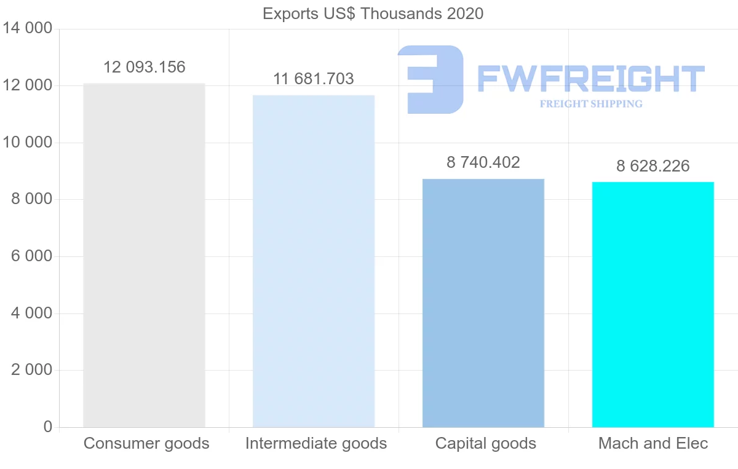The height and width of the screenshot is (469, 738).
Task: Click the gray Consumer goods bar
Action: coord(144,255)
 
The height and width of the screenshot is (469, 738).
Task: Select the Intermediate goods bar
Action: coord(314,261)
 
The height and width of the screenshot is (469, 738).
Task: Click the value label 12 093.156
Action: coord(144,68)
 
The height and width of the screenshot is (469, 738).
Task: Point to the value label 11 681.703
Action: coord(314,79)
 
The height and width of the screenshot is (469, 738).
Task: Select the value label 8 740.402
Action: coord(483,162)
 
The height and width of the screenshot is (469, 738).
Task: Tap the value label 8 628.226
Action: coord(653,166)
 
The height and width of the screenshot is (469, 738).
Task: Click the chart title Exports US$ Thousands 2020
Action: coord(373,14)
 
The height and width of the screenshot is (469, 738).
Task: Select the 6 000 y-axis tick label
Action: coord(31,256)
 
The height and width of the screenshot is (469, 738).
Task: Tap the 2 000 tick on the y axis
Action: coord(31,370)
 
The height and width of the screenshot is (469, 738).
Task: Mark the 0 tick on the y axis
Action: coord(48,427)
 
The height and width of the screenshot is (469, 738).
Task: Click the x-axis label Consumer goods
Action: coord(146,443)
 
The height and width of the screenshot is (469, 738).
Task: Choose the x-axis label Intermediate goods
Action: coord(316,443)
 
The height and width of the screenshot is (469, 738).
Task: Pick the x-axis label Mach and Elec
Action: coord(653,443)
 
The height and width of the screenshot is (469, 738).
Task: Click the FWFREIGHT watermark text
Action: coord(590,79)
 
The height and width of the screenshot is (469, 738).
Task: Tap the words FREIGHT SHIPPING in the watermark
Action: coord(590,104)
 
